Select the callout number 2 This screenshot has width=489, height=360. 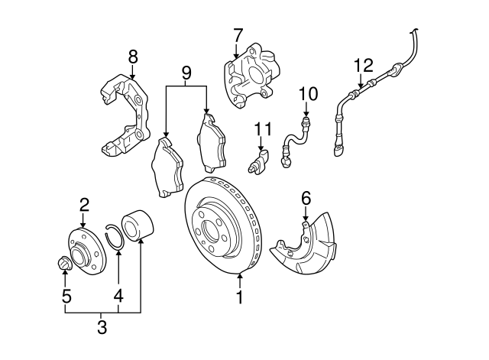click(84, 203)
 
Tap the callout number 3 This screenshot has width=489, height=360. click(102, 329)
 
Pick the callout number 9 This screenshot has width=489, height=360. click(186, 73)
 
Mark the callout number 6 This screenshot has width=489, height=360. click(306, 198)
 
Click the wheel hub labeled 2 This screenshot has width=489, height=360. click(83, 245)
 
